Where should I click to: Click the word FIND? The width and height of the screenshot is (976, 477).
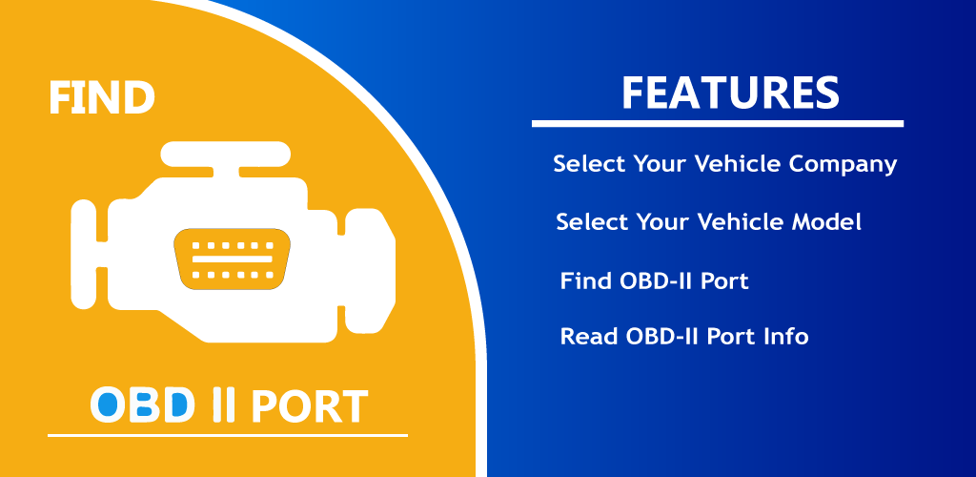tap(101, 97)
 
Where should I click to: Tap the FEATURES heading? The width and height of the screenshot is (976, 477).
tap(730, 93)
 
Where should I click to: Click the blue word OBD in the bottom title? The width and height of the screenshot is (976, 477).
tap(143, 405)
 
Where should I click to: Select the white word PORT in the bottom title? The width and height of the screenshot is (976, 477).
tap(309, 406)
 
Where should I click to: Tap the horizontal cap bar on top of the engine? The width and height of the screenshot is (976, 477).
tap(225, 154)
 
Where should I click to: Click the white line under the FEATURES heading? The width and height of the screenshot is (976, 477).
tap(717, 124)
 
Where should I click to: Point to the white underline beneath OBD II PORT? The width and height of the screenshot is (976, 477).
tap(228, 435)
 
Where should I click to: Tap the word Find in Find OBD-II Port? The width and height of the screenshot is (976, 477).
tap(585, 280)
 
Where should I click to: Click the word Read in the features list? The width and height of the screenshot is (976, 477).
tap(589, 336)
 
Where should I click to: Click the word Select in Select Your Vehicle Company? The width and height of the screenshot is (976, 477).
tap(589, 164)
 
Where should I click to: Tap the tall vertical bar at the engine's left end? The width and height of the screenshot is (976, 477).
tap(84, 255)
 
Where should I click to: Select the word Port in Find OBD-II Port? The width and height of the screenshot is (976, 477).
tap(724, 280)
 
